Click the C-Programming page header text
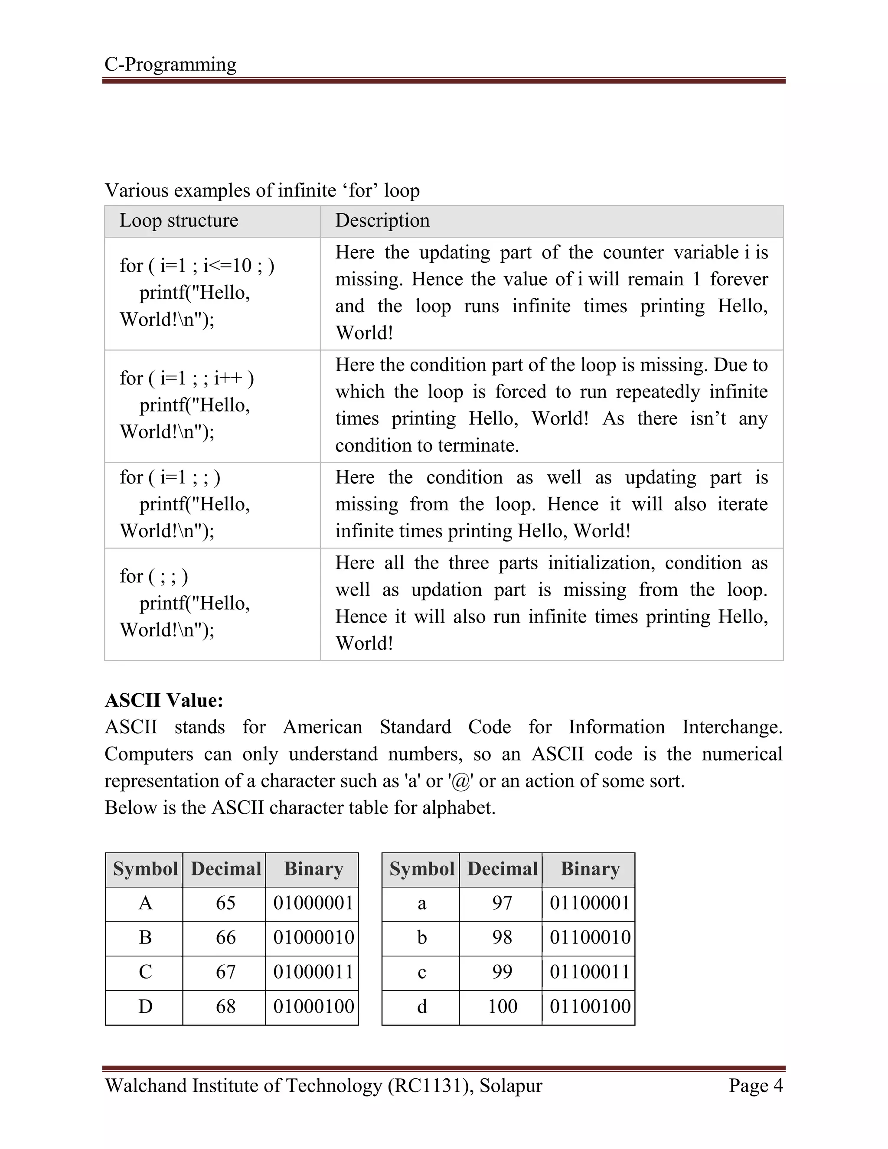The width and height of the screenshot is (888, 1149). click(170, 64)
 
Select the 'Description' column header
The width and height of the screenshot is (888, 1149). click(382, 220)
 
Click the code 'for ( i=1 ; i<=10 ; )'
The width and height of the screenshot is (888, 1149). click(197, 266)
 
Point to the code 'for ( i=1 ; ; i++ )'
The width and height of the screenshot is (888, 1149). click(187, 378)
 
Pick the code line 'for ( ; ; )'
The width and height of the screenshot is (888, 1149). click(153, 576)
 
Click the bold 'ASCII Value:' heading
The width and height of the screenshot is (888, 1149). click(164, 700)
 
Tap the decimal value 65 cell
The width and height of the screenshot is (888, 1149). click(225, 903)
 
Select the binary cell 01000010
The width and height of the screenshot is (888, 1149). click(313, 937)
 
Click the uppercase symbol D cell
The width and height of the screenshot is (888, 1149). click(145, 1006)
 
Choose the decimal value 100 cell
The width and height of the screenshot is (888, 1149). click(503, 1006)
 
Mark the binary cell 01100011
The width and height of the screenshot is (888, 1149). click(590, 972)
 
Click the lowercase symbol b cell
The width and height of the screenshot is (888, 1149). click(421, 937)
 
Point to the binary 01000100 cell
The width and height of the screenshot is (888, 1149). click(313, 1006)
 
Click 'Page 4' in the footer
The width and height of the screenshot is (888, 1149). click(755, 1085)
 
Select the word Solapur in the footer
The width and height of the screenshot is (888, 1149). click(510, 1085)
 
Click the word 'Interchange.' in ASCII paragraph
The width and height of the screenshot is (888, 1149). click(732, 727)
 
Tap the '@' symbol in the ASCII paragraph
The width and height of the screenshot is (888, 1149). click(460, 781)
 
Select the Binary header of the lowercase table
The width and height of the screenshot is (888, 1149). click(590, 868)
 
